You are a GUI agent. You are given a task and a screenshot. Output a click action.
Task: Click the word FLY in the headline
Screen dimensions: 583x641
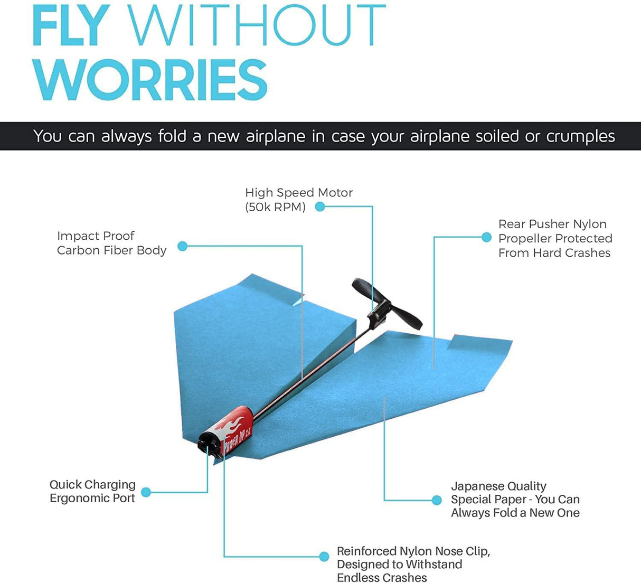[x=71, y=26]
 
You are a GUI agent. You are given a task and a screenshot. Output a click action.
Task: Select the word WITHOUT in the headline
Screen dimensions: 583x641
[x=257, y=26]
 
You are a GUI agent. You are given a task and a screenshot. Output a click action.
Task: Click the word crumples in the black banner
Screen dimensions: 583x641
[x=580, y=136]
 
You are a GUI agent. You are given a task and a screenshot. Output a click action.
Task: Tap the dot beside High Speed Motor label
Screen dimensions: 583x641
[x=319, y=207]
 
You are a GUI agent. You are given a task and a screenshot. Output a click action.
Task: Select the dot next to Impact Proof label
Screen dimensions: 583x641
[x=182, y=246]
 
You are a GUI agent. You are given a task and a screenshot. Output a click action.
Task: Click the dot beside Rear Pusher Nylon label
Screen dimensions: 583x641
[x=487, y=238]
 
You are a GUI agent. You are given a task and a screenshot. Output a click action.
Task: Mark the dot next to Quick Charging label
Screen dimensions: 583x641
[x=146, y=492]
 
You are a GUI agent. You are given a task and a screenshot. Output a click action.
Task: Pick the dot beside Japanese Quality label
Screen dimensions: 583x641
[x=437, y=500]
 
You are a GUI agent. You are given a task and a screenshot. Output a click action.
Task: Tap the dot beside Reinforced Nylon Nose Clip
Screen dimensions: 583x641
[x=324, y=556]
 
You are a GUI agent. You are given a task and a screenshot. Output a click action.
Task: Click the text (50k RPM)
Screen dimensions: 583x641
[x=275, y=207]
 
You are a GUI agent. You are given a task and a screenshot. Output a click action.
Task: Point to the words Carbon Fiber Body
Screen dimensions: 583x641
[x=111, y=250]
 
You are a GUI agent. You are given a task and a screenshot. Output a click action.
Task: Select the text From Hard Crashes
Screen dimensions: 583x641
[x=554, y=253]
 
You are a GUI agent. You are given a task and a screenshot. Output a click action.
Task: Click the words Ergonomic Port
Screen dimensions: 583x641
[x=92, y=498]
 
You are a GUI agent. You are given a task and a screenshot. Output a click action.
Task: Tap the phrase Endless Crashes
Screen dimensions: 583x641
[x=382, y=578]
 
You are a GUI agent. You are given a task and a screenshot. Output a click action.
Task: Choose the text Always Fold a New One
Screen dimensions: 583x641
[x=515, y=513]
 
